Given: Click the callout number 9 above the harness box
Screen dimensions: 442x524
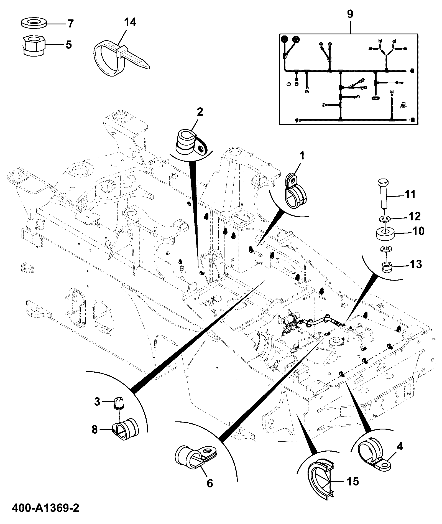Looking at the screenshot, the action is [350, 14].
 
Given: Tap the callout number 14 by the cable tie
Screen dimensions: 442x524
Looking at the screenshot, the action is [130, 22].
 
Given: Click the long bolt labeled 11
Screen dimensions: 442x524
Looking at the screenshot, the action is [384, 194].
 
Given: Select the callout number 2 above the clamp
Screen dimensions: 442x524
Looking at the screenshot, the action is [200, 112].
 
